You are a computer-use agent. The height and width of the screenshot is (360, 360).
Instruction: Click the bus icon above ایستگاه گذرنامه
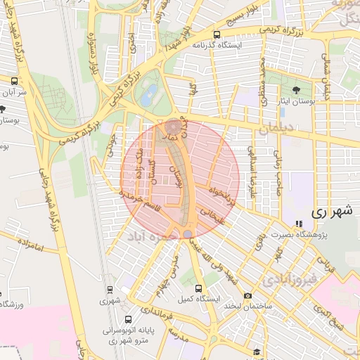pos(217,34)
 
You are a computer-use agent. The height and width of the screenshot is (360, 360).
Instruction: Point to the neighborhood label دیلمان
pos(274,129)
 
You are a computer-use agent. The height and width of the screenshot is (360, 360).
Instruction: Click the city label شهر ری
pos(330,211)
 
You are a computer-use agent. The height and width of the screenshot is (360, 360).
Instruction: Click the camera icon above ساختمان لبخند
pos(247,296)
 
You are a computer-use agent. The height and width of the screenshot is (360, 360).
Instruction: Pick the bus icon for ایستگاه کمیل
pos(198,288)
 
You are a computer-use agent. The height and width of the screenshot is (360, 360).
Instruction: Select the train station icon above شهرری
pos(110,289)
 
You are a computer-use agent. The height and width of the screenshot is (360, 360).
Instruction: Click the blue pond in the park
pos(147,99)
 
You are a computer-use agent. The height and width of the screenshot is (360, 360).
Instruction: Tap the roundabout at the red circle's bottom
pos(187,233)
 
